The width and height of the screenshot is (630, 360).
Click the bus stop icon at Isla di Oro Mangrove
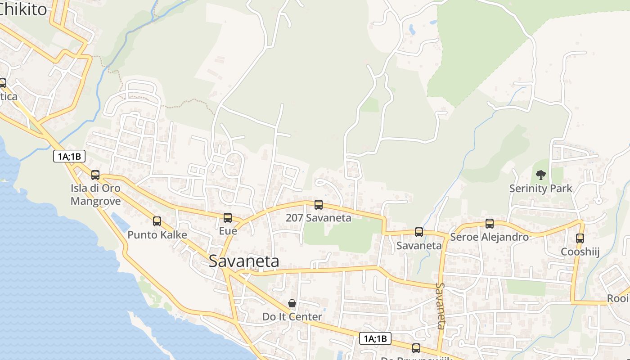[95, 175]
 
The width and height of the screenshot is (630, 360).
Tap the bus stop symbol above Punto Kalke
[157, 221]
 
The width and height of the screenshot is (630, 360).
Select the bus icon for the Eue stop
[228, 218]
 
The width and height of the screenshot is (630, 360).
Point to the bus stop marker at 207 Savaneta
[319, 205]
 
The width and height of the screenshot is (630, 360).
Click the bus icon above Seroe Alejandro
[490, 223]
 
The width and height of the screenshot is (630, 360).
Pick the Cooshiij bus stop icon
[580, 238]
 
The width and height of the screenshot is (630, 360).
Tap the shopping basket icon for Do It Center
[292, 304]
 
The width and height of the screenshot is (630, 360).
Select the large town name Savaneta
[244, 261]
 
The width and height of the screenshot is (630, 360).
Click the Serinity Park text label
[541, 189]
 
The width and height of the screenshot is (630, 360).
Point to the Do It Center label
[292, 317]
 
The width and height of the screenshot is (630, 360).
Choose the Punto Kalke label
[157, 234]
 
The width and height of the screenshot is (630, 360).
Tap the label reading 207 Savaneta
[319, 218]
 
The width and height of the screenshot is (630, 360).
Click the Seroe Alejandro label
[489, 237]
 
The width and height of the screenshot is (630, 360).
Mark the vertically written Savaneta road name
[441, 306]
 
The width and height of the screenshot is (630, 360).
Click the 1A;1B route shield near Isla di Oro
[69, 157]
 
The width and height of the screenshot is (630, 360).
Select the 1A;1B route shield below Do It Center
[375, 339]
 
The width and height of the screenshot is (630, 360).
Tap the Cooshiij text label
[580, 252]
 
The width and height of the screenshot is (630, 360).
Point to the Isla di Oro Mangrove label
[95, 194]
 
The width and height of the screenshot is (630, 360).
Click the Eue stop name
[228, 231]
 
